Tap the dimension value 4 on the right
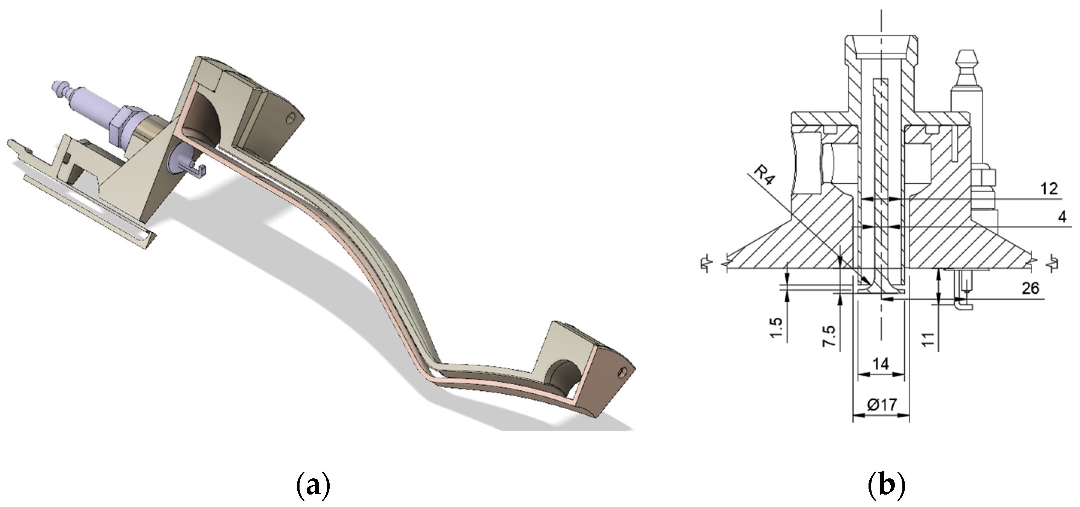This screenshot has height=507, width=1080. (1062, 217)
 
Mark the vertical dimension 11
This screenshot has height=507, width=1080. (928, 339)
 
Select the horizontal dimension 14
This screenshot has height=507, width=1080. (881, 363)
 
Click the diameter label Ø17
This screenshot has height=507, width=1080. (881, 405)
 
